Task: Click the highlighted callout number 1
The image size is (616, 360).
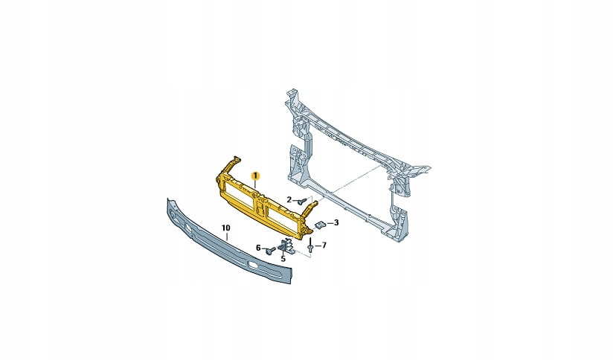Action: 255,175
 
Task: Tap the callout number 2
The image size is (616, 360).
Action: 289,200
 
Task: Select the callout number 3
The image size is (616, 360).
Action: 336,222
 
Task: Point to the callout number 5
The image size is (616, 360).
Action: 283,259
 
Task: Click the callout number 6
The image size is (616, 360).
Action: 258,248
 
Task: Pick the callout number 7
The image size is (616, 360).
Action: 324,245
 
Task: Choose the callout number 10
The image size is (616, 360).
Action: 226,228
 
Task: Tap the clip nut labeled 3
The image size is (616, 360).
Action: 321,225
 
